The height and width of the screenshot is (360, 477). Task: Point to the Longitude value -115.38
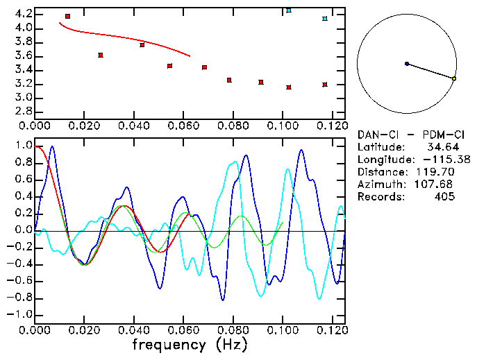446,160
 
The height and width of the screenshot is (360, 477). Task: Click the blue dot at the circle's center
407,64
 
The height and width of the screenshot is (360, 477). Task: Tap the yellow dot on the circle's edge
454,79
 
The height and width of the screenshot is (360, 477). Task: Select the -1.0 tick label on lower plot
20,314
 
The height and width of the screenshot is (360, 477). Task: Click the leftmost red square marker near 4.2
67,16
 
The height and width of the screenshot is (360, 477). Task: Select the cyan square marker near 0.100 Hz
289,10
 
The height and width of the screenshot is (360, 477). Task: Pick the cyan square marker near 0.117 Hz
325,19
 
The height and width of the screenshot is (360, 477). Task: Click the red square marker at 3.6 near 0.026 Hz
101,55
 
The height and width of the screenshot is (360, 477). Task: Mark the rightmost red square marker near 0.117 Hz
325,85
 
